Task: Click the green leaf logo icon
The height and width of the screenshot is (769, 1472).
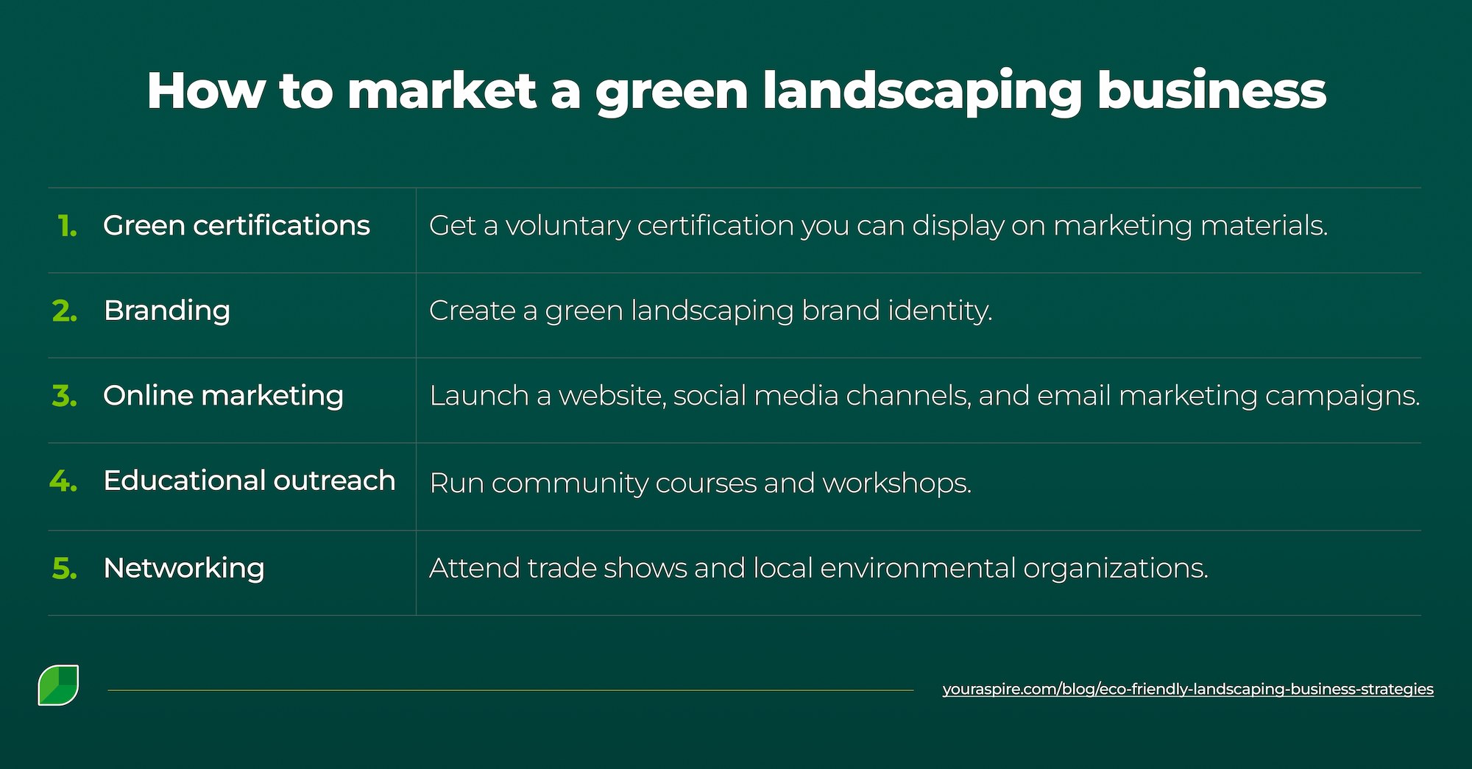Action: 58,685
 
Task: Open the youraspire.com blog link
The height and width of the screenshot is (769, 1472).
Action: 1187,690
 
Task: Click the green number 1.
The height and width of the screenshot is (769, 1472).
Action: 67,226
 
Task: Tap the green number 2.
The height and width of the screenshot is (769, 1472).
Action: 65,311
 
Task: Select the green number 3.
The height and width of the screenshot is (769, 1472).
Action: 65,396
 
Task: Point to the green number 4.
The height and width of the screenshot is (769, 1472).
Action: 63,481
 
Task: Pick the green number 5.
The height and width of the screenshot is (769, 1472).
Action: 65,568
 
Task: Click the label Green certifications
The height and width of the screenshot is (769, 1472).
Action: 236,226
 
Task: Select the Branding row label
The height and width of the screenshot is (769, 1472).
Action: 167,311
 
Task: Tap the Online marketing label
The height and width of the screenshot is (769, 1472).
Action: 223,396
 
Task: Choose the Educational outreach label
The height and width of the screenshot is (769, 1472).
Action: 250,481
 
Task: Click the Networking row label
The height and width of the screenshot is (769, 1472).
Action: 184,568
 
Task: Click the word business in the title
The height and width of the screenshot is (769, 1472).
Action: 1211,91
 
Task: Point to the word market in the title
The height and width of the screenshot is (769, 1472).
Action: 442,91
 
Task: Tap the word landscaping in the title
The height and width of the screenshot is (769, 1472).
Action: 922,93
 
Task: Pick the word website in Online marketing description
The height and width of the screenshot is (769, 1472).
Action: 612,396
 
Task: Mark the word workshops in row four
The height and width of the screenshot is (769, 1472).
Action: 896,483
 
